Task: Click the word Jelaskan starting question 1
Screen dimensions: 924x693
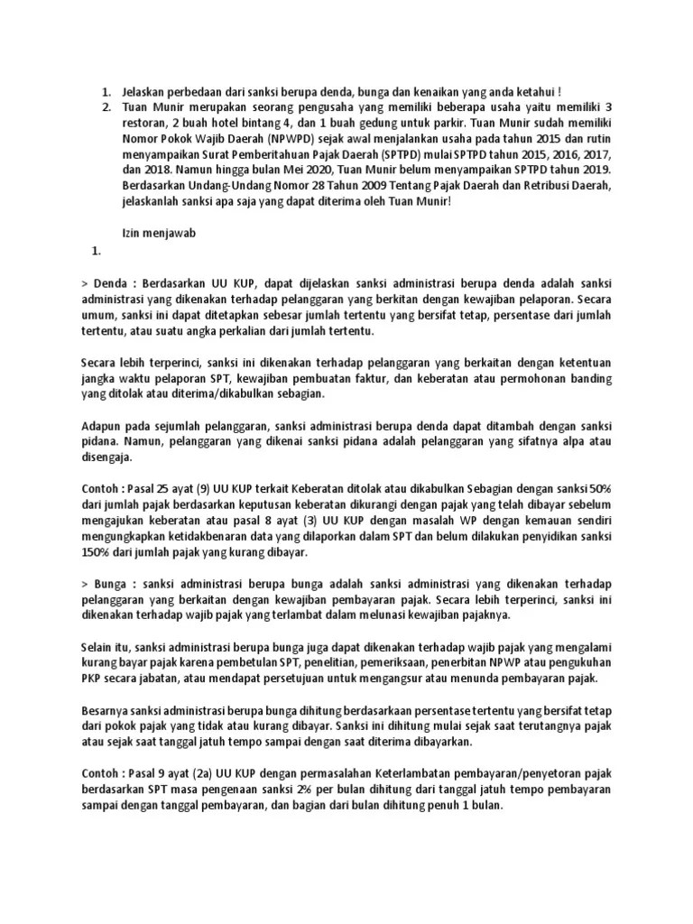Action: tap(145, 91)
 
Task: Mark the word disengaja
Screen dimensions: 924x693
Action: tap(105, 456)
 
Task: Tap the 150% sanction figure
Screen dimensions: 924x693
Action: tap(95, 551)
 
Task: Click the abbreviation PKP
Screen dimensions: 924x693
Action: tap(93, 678)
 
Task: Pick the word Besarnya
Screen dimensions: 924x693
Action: tap(107, 710)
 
